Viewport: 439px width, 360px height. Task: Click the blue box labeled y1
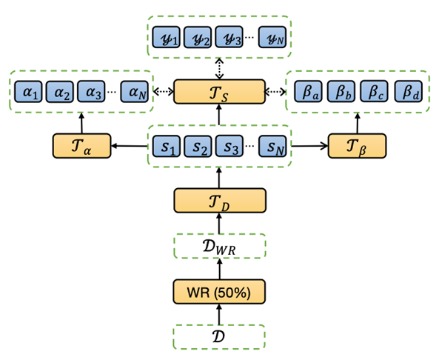(x=166, y=37)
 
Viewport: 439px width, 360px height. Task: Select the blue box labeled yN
(x=272, y=37)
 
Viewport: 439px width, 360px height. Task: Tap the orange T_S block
(x=219, y=92)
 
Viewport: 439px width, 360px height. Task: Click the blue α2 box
(x=60, y=93)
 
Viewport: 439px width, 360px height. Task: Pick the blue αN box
(x=135, y=93)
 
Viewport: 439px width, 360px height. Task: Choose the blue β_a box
(x=306, y=93)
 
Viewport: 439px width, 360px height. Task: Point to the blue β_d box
(x=409, y=93)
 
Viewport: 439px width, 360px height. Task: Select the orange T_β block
(x=357, y=145)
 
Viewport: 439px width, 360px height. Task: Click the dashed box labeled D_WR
(x=219, y=245)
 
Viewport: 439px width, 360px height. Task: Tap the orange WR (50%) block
(x=219, y=291)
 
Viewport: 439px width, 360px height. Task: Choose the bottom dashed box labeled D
(x=219, y=336)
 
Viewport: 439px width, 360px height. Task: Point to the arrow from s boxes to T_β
(x=309, y=146)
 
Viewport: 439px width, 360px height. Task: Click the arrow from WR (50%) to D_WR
(x=219, y=268)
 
